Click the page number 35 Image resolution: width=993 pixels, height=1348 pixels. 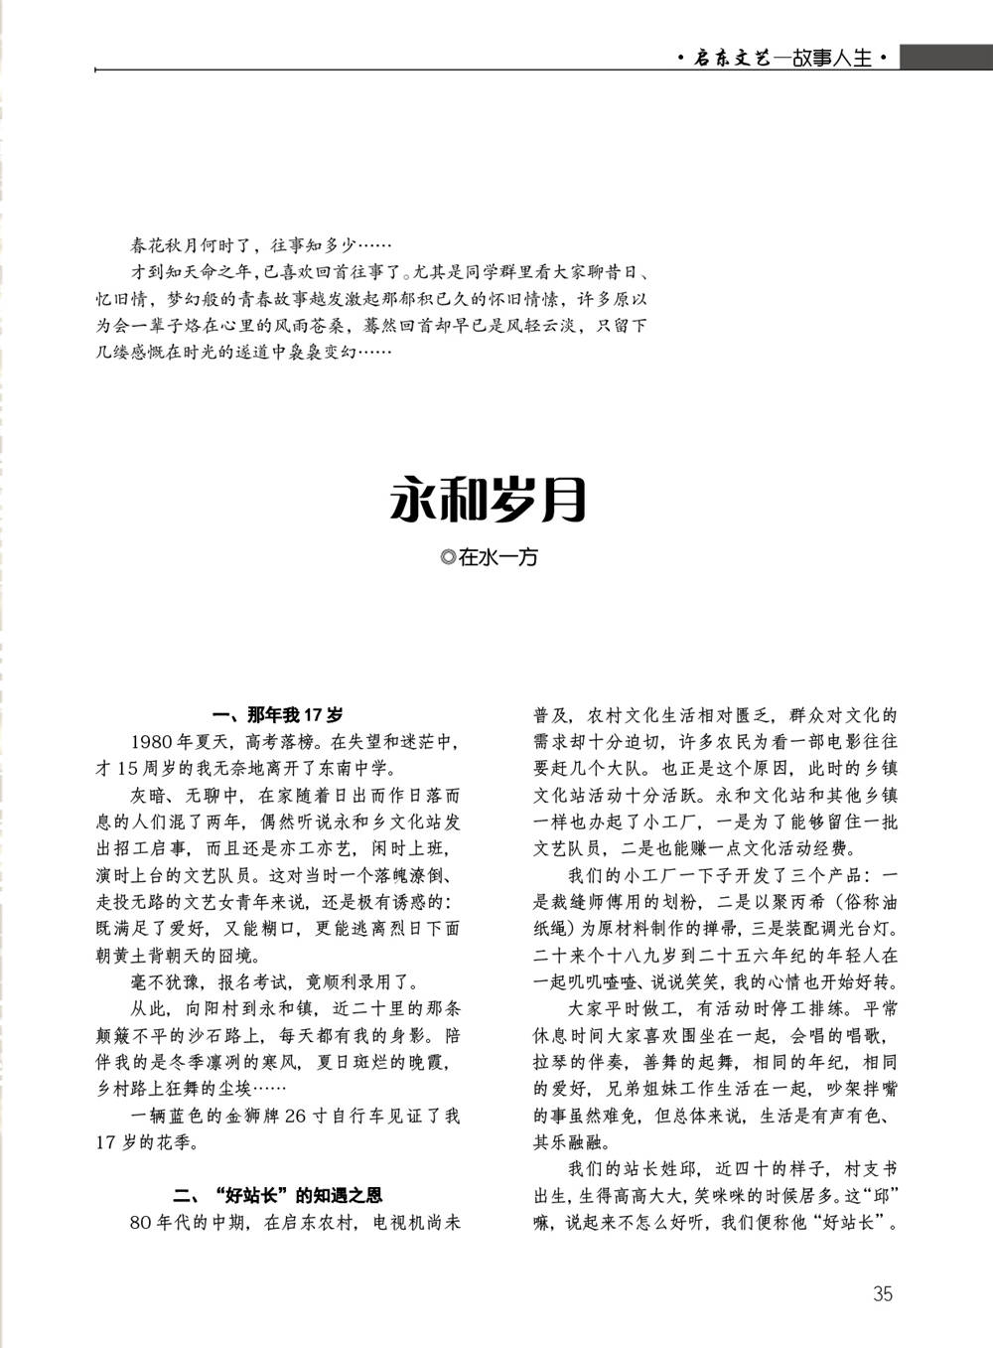[882, 1293]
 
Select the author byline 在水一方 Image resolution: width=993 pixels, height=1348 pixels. [497, 558]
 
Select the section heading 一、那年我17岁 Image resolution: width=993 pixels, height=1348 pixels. [279, 715]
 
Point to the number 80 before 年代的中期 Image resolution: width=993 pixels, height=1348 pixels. [141, 1222]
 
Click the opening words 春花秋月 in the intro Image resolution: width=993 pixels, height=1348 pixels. [163, 244]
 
